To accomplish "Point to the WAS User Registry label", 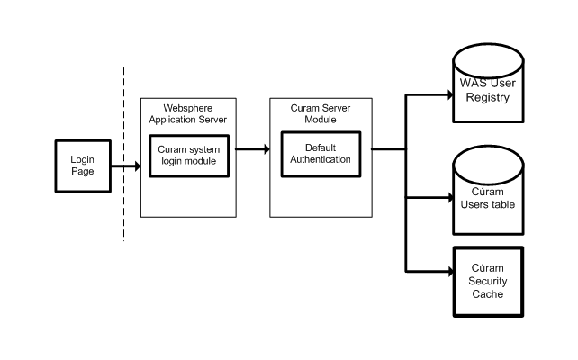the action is tap(488, 90).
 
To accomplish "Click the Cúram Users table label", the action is tap(488, 198).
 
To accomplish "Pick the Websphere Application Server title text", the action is tap(188, 114).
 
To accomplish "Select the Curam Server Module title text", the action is tap(321, 114).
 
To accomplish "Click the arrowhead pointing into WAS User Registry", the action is tap(450, 95).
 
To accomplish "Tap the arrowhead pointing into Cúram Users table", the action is tap(450, 198).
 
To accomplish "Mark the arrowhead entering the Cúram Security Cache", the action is tap(450, 272).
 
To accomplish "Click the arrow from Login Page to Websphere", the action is tap(126, 166).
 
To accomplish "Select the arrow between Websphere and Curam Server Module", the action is tap(252, 149).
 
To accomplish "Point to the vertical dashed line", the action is tap(124, 155).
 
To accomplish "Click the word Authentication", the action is tap(321, 159).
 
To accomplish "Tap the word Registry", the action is tap(488, 97).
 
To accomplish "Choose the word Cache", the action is tap(488, 294).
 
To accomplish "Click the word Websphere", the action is tap(188, 108).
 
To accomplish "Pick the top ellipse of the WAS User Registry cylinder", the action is tap(488, 61).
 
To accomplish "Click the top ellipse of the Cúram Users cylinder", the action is tap(488, 165).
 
